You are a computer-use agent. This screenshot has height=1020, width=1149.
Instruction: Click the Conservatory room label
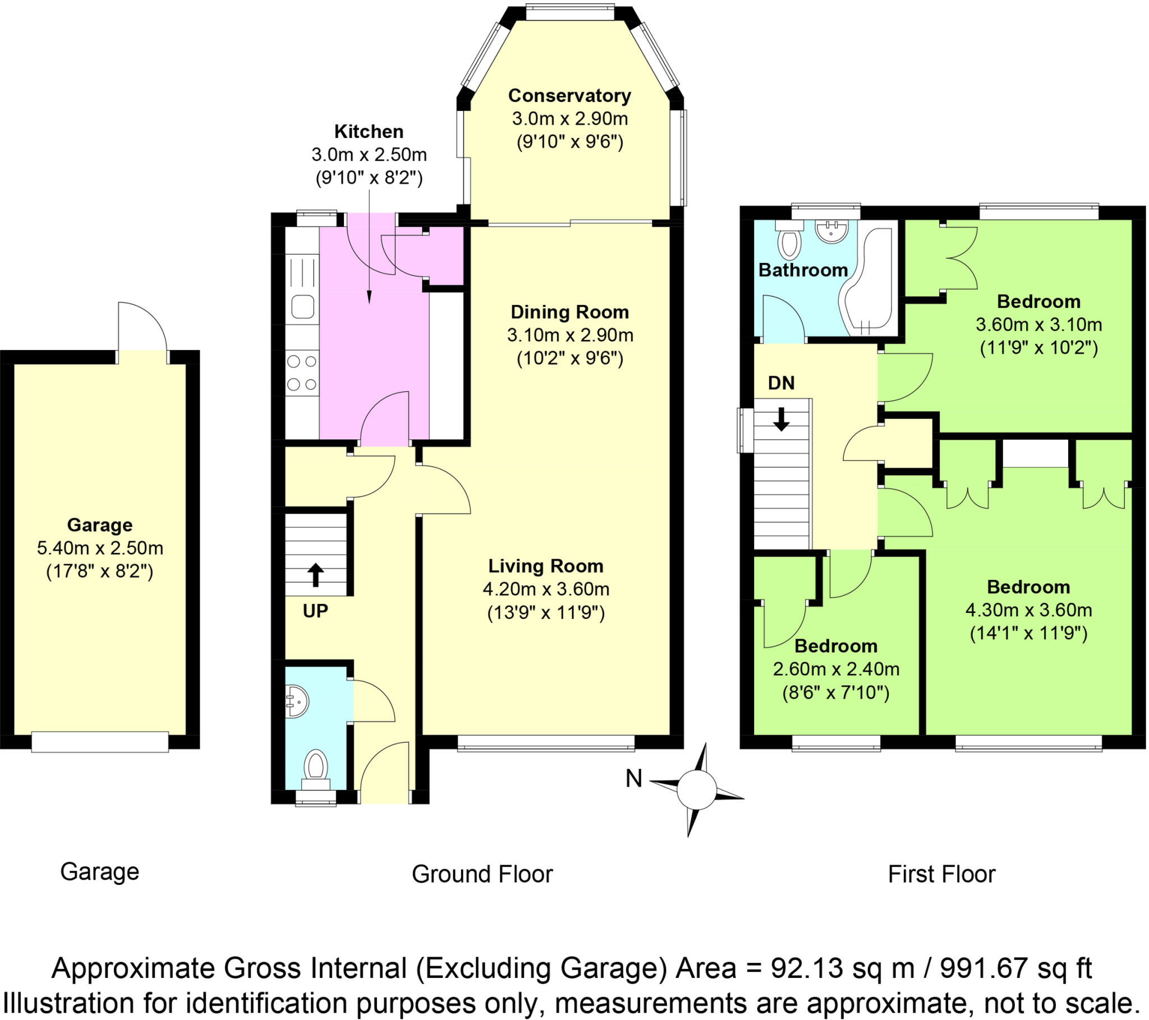click(x=569, y=95)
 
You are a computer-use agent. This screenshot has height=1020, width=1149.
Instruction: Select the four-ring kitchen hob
click(x=302, y=373)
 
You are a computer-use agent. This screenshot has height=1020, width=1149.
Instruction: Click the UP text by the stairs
click(x=315, y=611)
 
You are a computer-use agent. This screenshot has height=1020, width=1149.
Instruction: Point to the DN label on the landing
click(x=781, y=384)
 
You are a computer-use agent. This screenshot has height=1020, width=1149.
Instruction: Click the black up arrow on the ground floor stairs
click(x=315, y=575)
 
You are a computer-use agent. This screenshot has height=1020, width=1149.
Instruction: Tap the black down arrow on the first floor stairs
click(x=781, y=419)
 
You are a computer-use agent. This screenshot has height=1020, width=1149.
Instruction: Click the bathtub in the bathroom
click(x=869, y=281)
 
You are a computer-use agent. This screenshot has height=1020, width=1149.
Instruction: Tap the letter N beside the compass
click(x=633, y=778)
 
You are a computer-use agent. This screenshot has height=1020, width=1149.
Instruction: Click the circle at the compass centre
click(x=696, y=790)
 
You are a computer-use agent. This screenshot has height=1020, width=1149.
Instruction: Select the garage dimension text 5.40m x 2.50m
click(x=100, y=548)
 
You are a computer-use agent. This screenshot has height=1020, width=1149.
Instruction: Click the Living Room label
click(x=545, y=566)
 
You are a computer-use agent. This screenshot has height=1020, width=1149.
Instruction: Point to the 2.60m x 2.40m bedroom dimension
click(x=836, y=670)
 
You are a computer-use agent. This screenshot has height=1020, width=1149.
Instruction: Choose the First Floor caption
click(x=941, y=874)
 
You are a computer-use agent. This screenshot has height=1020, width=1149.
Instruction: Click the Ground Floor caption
click(x=482, y=874)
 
